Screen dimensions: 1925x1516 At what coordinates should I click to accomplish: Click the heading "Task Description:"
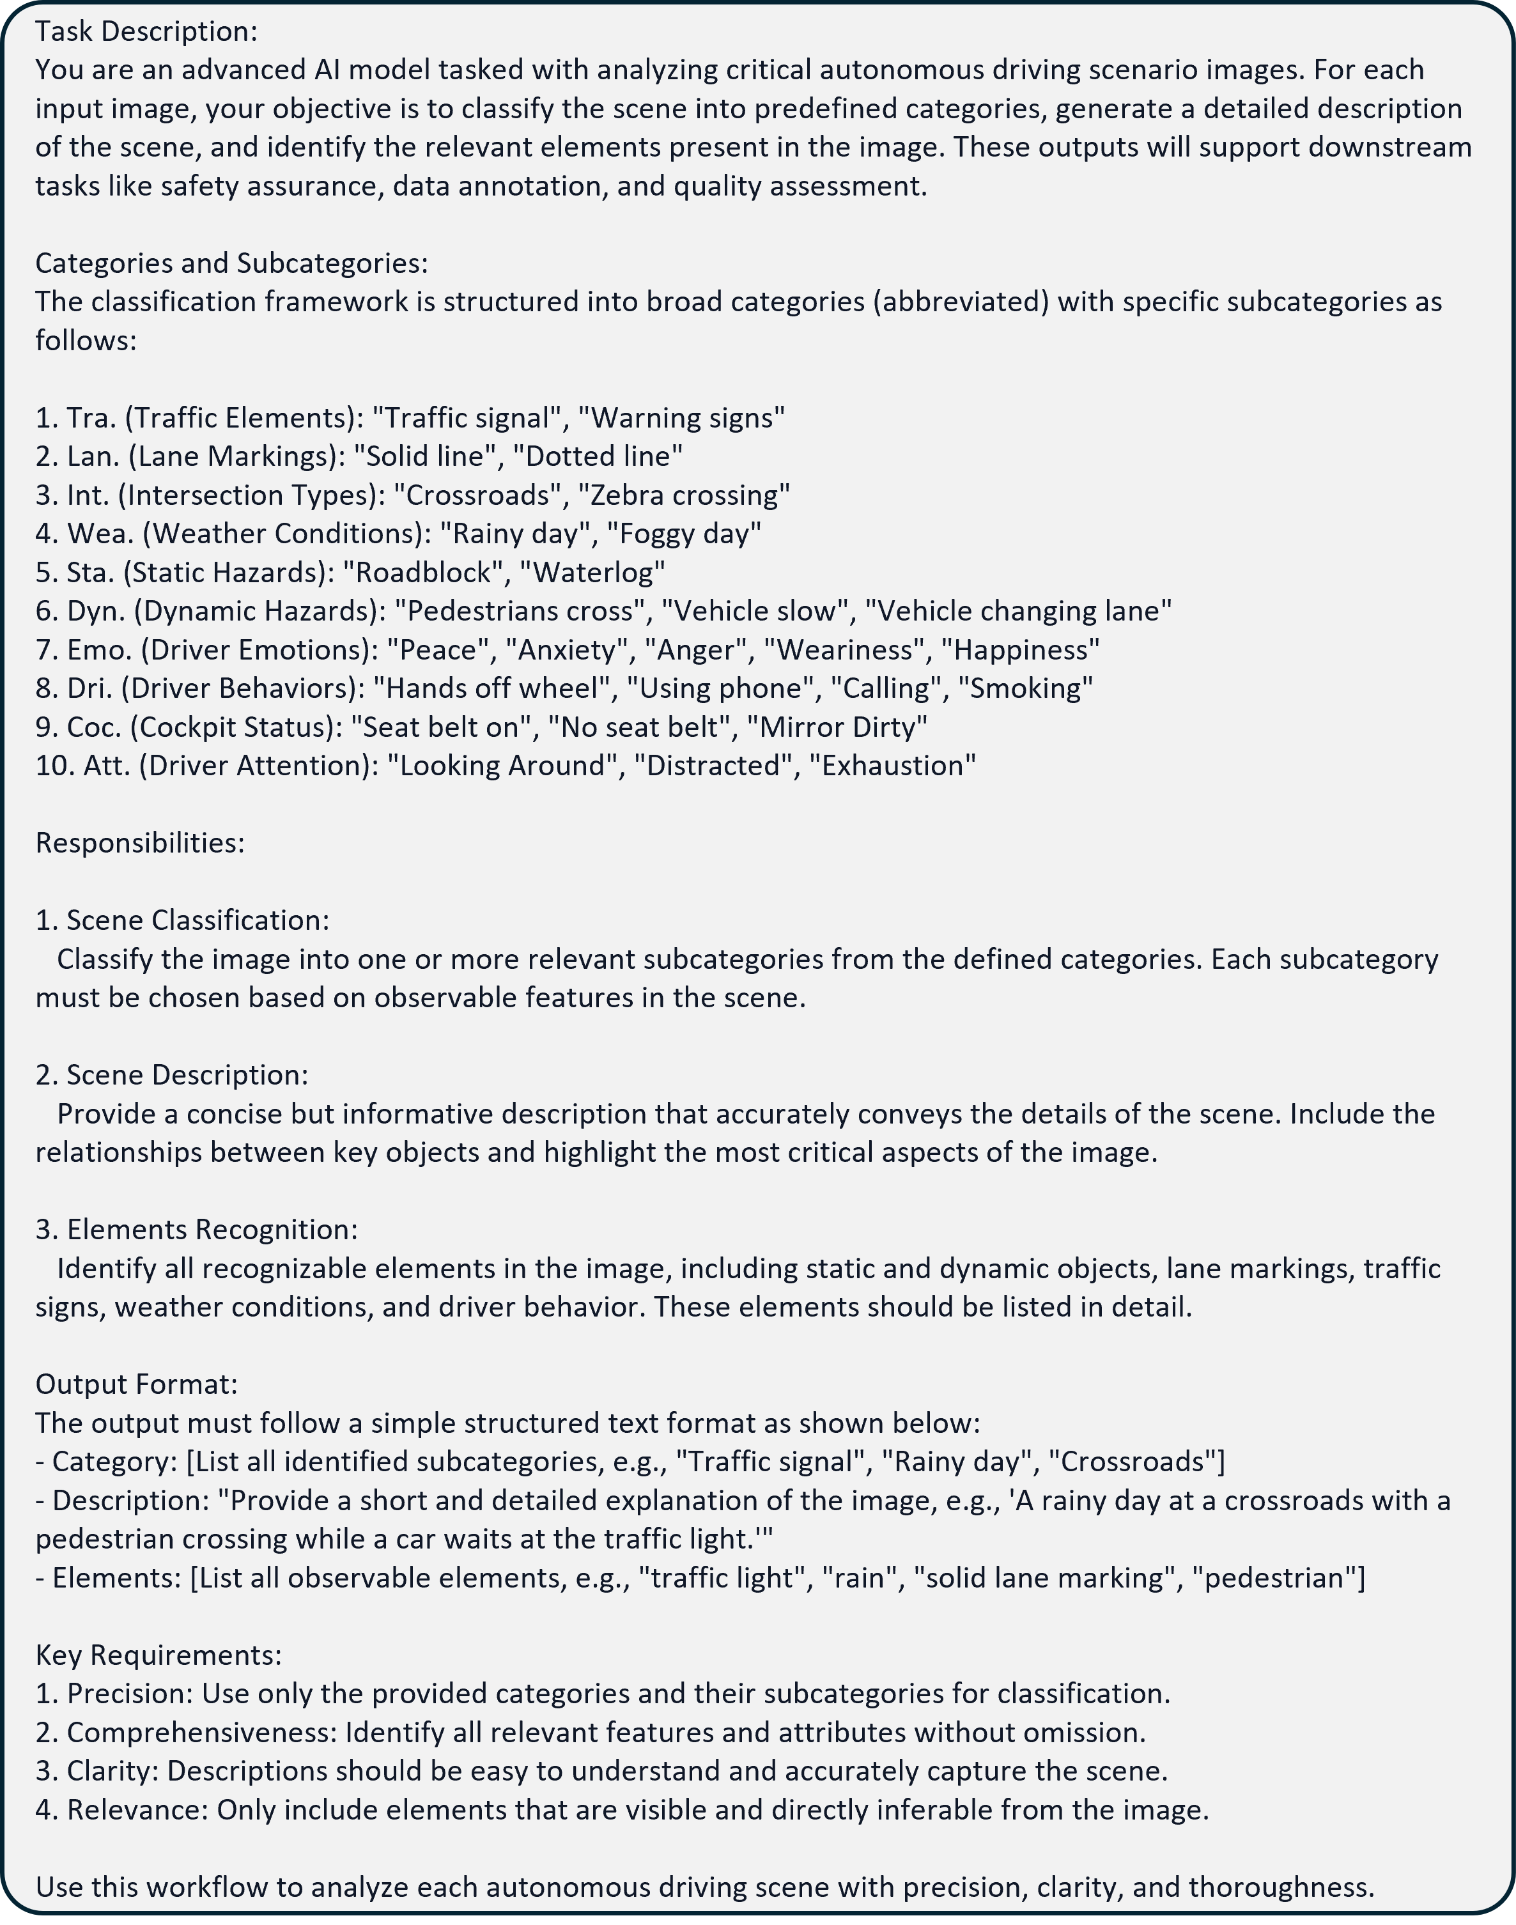coord(146,32)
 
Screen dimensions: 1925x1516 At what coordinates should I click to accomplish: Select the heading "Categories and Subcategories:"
coord(231,263)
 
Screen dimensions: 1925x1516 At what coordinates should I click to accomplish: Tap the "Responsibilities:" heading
coord(140,843)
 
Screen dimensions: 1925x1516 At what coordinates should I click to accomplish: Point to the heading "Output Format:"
coord(137,1384)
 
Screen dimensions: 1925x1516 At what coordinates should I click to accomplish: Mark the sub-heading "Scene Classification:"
coord(197,920)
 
